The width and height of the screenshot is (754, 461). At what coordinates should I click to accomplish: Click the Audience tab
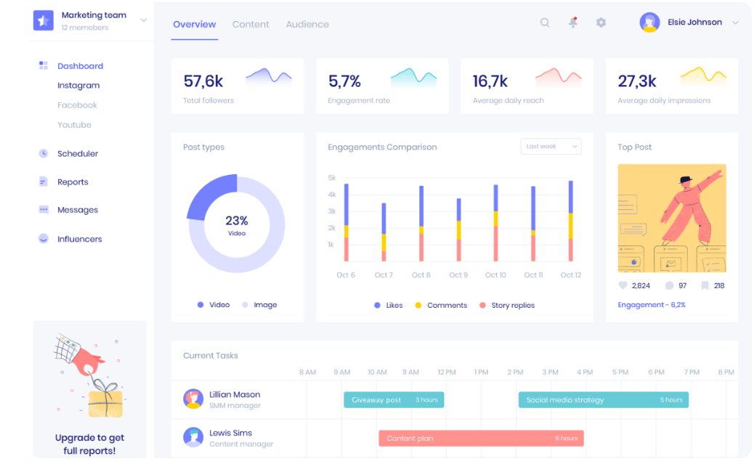pyautogui.click(x=307, y=25)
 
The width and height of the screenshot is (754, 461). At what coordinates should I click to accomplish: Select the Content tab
pyautogui.click(x=251, y=25)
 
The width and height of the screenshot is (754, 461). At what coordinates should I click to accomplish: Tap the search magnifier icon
pyautogui.click(x=545, y=23)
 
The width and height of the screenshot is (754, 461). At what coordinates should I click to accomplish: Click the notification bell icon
pyautogui.click(x=573, y=23)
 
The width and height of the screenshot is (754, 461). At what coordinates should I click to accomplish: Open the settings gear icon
pyautogui.click(x=601, y=23)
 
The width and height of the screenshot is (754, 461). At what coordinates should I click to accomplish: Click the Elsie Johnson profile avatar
pyautogui.click(x=649, y=23)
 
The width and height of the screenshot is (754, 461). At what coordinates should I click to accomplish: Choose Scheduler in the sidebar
pyautogui.click(x=77, y=154)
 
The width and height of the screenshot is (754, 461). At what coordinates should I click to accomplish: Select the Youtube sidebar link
pyautogui.click(x=74, y=125)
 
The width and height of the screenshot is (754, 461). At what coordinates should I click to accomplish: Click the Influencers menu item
pyautogui.click(x=79, y=239)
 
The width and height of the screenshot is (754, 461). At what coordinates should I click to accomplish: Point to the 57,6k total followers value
pyautogui.click(x=203, y=81)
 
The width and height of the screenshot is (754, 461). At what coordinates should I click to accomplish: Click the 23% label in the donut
pyautogui.click(x=237, y=221)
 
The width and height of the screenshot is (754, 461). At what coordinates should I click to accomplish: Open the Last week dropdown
pyautogui.click(x=551, y=147)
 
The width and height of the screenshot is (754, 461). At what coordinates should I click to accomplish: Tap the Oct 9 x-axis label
pyautogui.click(x=458, y=275)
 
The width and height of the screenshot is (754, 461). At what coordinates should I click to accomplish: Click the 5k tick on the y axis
pyautogui.click(x=332, y=178)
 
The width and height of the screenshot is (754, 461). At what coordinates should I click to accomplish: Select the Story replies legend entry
pyautogui.click(x=512, y=306)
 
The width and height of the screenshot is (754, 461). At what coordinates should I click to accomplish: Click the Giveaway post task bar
pyautogui.click(x=394, y=400)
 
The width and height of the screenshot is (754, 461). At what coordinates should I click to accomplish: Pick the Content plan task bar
pyautogui.click(x=481, y=438)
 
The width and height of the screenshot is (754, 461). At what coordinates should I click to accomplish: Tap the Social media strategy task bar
pyautogui.click(x=603, y=400)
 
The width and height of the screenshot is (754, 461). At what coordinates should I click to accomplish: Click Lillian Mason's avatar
pyautogui.click(x=193, y=399)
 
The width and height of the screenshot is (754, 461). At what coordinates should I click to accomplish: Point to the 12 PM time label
pyautogui.click(x=447, y=372)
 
